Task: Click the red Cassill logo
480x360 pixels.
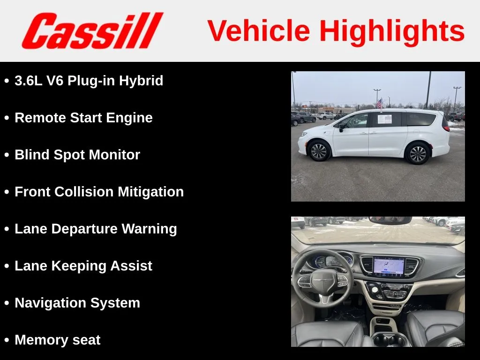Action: coord(92,30)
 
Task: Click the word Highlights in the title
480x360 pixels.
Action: coord(392,31)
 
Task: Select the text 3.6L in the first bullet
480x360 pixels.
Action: coord(29,81)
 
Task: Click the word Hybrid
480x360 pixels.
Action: coord(141,81)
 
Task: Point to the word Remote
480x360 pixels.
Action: coord(40,118)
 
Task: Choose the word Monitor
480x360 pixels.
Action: coord(114,155)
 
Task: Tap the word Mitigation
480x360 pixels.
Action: coord(150,192)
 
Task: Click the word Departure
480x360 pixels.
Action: coord(84,229)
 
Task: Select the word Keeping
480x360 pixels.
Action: coord(79,266)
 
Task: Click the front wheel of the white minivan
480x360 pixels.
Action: coord(319,150)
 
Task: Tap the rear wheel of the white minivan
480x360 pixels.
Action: coord(418,154)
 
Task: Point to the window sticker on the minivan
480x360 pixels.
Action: coord(385,119)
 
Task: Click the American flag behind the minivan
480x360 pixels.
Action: coord(379,104)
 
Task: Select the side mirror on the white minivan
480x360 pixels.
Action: coord(341,127)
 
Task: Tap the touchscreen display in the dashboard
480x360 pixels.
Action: coord(389,267)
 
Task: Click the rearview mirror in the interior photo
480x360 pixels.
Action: coord(390,220)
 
